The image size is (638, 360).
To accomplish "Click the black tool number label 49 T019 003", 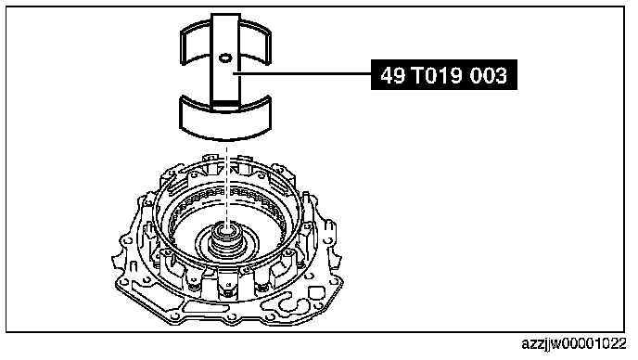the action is (443, 75).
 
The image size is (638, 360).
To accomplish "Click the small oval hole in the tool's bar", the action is (225, 58).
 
